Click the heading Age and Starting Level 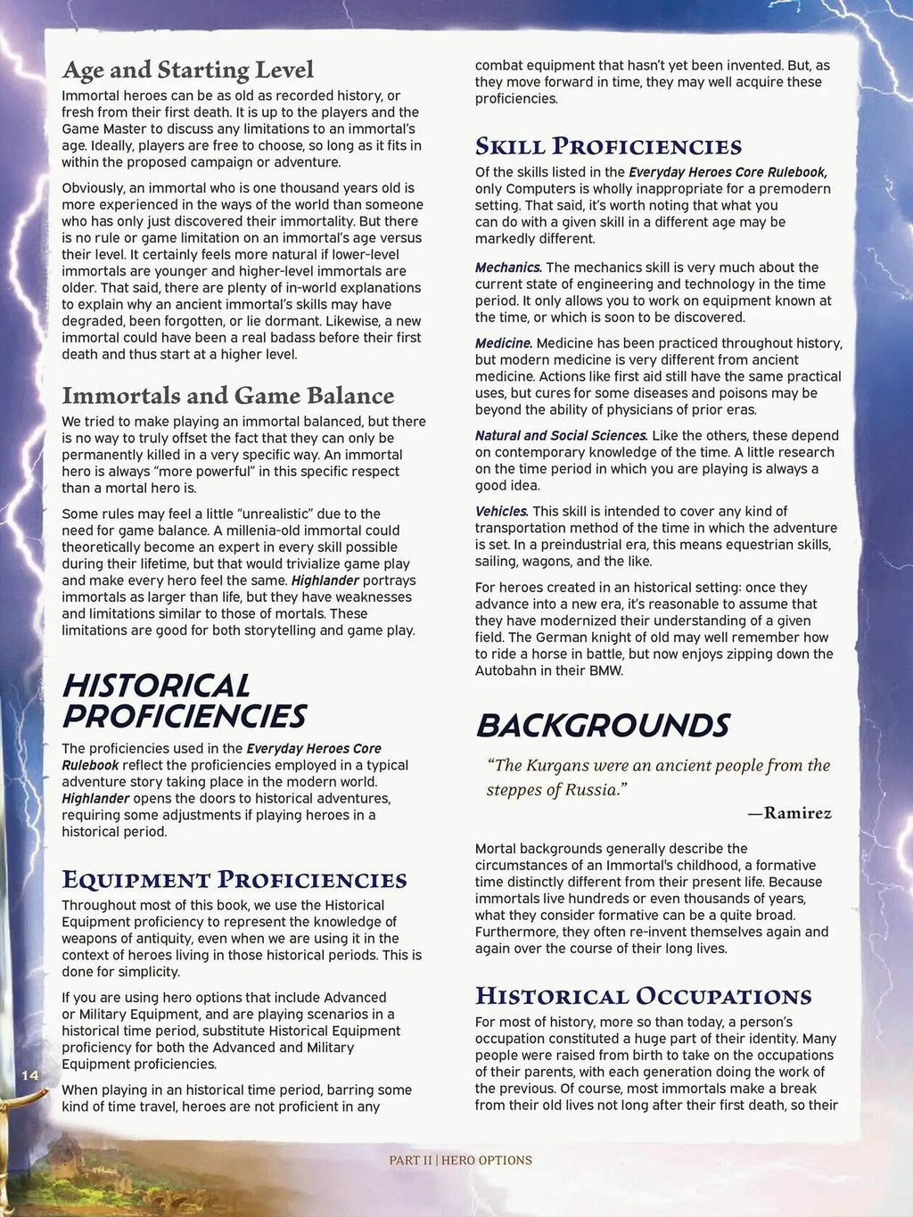(187, 70)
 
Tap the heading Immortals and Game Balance (227, 395)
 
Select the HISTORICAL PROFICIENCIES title (184, 701)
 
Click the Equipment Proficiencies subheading (234, 880)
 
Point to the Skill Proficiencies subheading (608, 146)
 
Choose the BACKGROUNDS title (603, 726)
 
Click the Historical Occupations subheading (643, 996)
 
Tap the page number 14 (30, 1075)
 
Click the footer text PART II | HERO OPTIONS (460, 1160)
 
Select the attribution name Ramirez (797, 813)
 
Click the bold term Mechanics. (508, 267)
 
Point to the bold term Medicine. (504, 343)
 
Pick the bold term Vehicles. (502, 512)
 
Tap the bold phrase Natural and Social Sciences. (561, 436)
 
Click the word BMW (606, 670)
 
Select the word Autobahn (506, 670)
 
